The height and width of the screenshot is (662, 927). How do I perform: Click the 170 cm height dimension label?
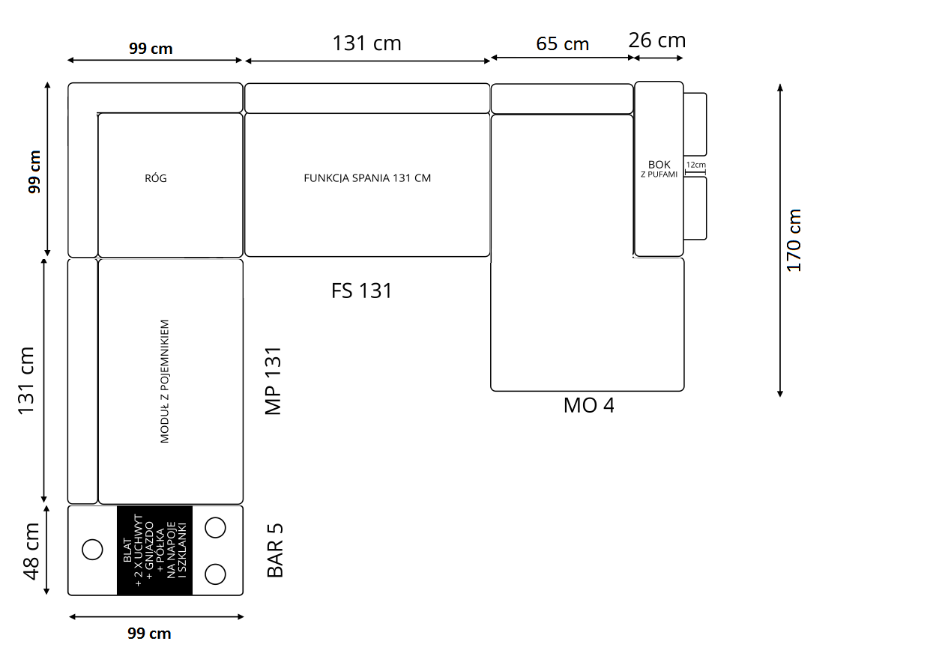[x=794, y=240]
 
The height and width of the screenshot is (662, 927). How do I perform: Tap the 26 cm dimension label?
[x=657, y=40]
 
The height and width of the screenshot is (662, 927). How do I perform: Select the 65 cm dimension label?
[x=562, y=44]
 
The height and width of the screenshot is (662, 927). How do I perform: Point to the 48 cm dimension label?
[x=31, y=551]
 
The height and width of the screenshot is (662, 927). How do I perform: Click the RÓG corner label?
[x=156, y=178]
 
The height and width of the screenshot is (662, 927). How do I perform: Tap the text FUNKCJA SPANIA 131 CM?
[x=367, y=178]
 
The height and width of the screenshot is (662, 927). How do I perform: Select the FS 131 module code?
[x=361, y=291]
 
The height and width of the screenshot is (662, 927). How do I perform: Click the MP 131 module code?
[x=273, y=381]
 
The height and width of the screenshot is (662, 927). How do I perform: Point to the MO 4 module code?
[x=588, y=405]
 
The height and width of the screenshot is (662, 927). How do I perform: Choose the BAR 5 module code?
[x=275, y=550]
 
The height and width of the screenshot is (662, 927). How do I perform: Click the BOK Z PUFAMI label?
[x=659, y=168]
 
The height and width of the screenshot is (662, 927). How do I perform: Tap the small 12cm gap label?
[x=696, y=165]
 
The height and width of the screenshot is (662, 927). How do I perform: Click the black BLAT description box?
[x=155, y=550]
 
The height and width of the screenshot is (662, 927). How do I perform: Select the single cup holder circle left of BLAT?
[x=92, y=550]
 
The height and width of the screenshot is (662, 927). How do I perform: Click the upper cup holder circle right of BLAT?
[x=215, y=528]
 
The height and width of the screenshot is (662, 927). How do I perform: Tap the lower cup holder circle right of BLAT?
[x=215, y=574]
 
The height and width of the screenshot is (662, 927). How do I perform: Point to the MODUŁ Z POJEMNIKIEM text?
[x=165, y=381]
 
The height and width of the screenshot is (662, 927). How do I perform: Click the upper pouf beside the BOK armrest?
[x=695, y=124]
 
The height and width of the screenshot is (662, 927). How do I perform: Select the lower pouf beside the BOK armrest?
[x=695, y=208]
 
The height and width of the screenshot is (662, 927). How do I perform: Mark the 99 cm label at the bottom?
[x=149, y=634]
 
